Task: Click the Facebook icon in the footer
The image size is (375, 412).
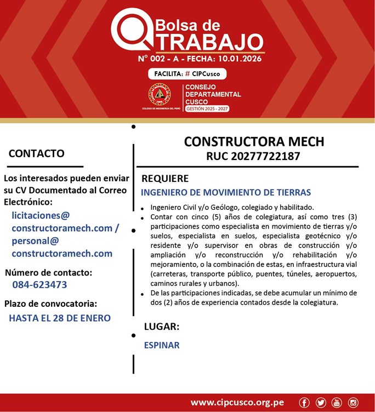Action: [304, 403]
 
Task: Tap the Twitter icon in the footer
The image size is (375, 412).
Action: [321, 403]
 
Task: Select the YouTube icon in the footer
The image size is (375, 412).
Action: [337, 403]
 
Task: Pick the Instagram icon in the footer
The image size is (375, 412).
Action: [353, 403]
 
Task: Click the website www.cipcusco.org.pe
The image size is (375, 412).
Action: [237, 403]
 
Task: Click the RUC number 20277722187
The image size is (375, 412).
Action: [253, 156]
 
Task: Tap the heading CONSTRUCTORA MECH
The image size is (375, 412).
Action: [254, 141]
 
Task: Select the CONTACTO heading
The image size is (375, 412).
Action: [36, 153]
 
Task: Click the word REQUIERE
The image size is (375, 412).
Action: [165, 179]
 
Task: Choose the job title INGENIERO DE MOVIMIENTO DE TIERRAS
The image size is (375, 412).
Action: [226, 192]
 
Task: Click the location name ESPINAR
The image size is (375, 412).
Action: [162, 345]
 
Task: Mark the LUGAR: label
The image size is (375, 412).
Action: [162, 327]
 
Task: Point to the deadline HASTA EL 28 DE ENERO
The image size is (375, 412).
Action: [60, 318]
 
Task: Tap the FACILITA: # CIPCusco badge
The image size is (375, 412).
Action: [186, 74]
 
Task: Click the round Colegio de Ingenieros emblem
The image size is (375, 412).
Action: [160, 94]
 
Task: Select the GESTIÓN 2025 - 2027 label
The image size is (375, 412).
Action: [207, 108]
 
